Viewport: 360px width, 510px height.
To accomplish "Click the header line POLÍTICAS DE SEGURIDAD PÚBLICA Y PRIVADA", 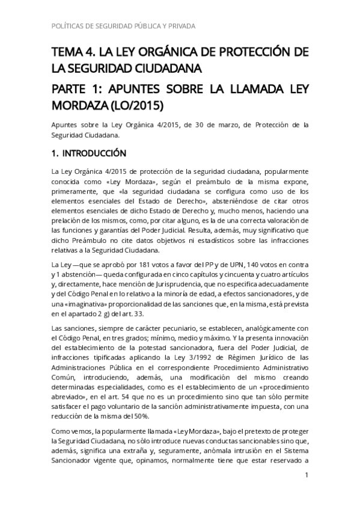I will point(120,26).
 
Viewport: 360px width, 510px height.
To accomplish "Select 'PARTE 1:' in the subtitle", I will point(75,90).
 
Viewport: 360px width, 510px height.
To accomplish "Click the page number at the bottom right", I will point(307,476).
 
